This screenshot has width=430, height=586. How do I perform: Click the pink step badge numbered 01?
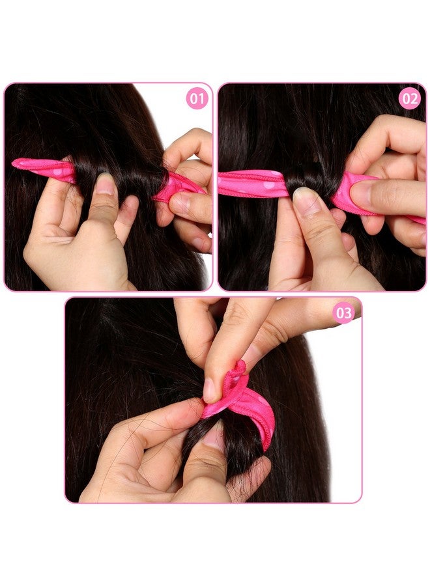tap(197, 99)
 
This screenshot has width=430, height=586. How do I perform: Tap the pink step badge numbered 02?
tap(409, 99)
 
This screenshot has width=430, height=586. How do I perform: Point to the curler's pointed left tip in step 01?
tap(16, 162)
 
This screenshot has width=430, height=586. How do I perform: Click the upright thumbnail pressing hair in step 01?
tap(105, 185)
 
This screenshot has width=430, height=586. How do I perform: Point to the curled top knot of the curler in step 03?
tap(238, 374)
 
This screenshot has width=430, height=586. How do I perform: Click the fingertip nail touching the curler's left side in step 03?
tap(209, 390)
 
